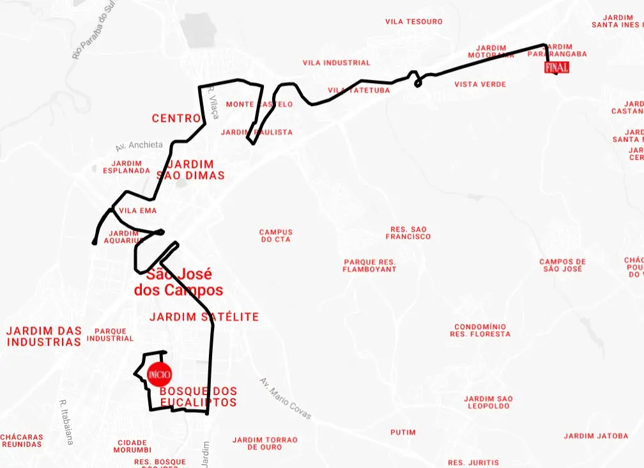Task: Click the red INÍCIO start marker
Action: click(x=158, y=373)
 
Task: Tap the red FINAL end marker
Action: click(x=556, y=68)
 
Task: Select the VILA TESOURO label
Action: click(x=414, y=22)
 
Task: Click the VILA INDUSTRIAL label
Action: click(x=336, y=63)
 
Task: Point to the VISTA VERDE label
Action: click(x=480, y=84)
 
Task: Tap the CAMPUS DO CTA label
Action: click(x=275, y=236)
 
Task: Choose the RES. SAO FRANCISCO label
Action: click(x=408, y=233)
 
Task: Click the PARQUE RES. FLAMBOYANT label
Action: click(x=369, y=266)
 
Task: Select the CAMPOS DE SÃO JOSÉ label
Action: click(x=562, y=265)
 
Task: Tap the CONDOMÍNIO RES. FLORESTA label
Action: click(x=480, y=331)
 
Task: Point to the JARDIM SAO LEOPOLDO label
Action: click(x=488, y=402)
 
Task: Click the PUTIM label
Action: click(x=402, y=432)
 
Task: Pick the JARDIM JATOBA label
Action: click(x=595, y=436)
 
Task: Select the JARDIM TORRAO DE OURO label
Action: click(x=264, y=443)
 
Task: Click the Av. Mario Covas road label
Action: click(x=286, y=398)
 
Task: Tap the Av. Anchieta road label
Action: click(x=139, y=146)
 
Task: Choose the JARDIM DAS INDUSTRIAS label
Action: click(x=44, y=336)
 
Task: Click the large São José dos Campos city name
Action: click(x=179, y=283)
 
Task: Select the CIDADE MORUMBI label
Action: click(x=132, y=446)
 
